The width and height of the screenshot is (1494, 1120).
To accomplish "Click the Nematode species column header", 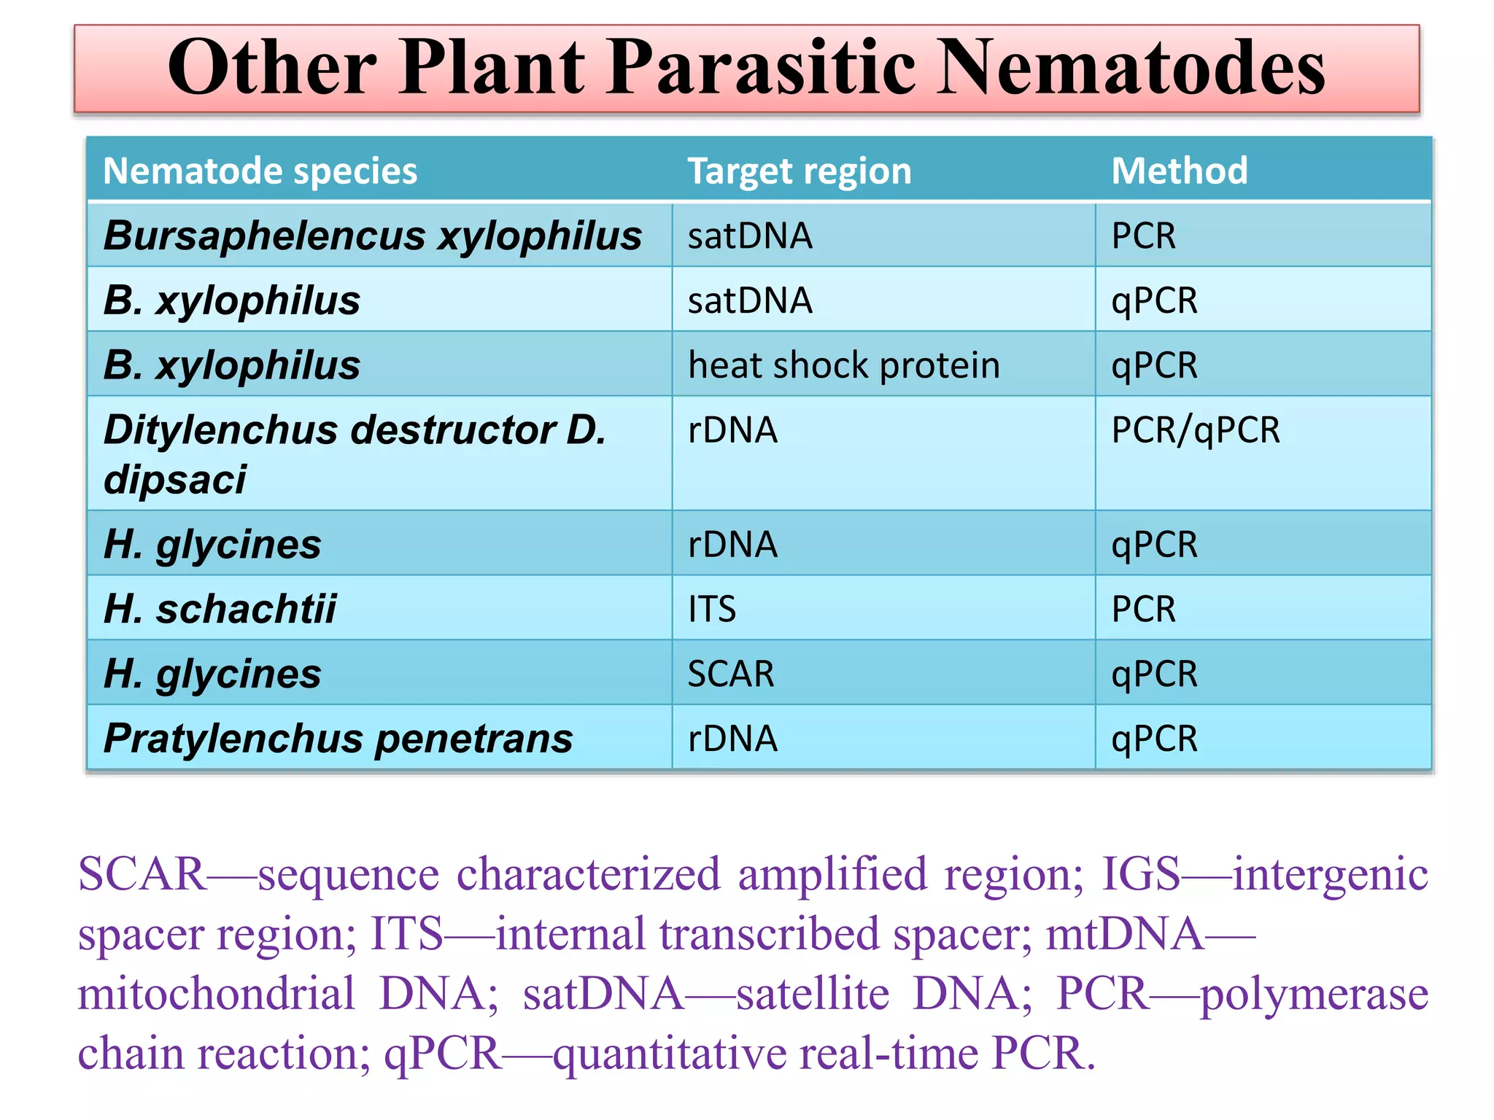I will [260, 171].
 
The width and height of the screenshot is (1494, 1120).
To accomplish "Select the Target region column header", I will [800, 171].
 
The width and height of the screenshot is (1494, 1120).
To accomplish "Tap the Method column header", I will [1179, 171].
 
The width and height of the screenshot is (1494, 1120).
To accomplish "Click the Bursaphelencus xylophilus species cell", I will [373, 236].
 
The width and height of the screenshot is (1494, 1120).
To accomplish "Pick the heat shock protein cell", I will [843, 365].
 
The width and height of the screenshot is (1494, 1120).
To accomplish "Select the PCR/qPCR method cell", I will [1195, 429].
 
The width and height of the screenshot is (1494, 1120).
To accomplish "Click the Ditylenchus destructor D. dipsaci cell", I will [355, 454].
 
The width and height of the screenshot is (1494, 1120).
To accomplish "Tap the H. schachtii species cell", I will [220, 609].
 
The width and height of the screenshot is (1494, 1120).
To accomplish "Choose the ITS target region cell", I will [712, 609].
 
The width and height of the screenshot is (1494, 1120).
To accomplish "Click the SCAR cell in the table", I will [731, 674].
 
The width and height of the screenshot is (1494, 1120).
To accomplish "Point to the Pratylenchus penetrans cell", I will [338, 739].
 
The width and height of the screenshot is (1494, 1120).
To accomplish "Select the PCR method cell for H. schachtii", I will [1143, 609].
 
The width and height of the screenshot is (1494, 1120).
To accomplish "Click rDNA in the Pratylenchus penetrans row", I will [732, 739].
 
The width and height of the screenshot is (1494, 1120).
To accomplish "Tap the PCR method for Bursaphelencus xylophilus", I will [1143, 236].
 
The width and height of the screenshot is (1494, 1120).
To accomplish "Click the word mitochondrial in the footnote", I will [217, 993].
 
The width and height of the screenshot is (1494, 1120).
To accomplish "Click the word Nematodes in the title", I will [1130, 67].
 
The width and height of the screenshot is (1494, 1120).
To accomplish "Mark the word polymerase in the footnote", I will [1314, 993].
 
